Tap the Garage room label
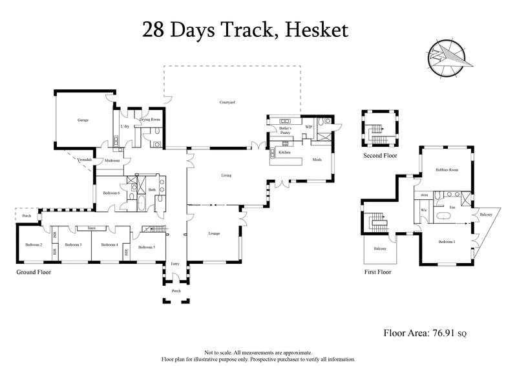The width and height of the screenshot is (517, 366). [83, 120]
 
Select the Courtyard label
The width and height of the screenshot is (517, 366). [226, 102]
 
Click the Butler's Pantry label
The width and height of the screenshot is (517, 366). [286, 131]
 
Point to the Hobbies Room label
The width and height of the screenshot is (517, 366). [447, 170]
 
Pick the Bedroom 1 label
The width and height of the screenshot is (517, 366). [447, 242]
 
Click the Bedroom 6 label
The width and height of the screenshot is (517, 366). [111, 193]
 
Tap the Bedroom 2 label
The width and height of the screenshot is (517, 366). [34, 245]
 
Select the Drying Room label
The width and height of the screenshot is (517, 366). [150, 120]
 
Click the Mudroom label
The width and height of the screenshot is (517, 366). [112, 160]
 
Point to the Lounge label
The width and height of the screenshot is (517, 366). [215, 233]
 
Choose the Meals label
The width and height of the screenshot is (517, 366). [317, 159]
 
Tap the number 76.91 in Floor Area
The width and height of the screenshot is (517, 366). [443, 333]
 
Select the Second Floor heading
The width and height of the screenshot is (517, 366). [380, 156]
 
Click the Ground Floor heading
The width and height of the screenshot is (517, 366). [34, 272]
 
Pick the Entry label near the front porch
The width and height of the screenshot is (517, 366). [174, 263]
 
